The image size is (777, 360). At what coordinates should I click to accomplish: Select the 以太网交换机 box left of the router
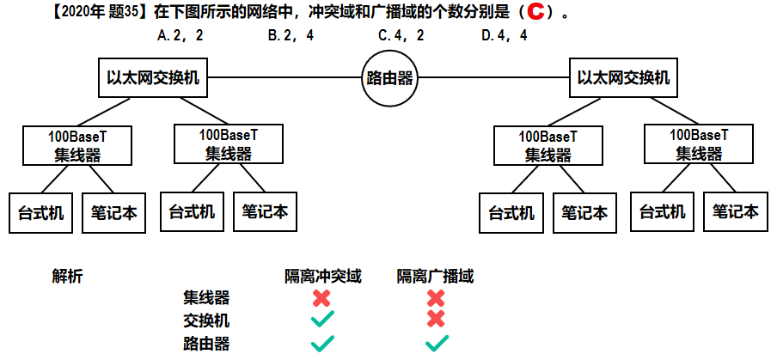coord(153,78)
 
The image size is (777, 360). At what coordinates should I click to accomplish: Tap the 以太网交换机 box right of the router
coord(623,78)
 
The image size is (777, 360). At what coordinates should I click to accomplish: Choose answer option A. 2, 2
coord(180,36)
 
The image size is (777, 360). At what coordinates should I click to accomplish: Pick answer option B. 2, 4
coord(291,36)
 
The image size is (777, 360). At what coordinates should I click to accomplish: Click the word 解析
coord(68,277)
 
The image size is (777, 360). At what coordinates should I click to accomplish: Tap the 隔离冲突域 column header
coord(323,277)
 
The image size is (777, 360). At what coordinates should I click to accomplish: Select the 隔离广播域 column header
coord(435,277)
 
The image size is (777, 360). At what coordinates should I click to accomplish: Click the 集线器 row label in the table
coord(206,298)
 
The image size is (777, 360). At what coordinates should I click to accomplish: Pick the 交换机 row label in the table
coord(206,320)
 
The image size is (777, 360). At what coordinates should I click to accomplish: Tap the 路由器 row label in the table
coord(206,343)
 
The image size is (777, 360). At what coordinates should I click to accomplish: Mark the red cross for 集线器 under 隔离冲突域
coord(322,298)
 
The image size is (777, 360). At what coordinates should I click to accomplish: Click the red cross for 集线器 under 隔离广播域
coord(436,298)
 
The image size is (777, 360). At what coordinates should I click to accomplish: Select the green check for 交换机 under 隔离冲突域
coord(322,320)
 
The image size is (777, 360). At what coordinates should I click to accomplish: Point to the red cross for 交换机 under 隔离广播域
coord(436,320)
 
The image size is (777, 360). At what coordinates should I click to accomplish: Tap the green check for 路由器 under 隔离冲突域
coord(322,344)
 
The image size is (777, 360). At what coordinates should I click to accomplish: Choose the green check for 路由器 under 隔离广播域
coord(436,344)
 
